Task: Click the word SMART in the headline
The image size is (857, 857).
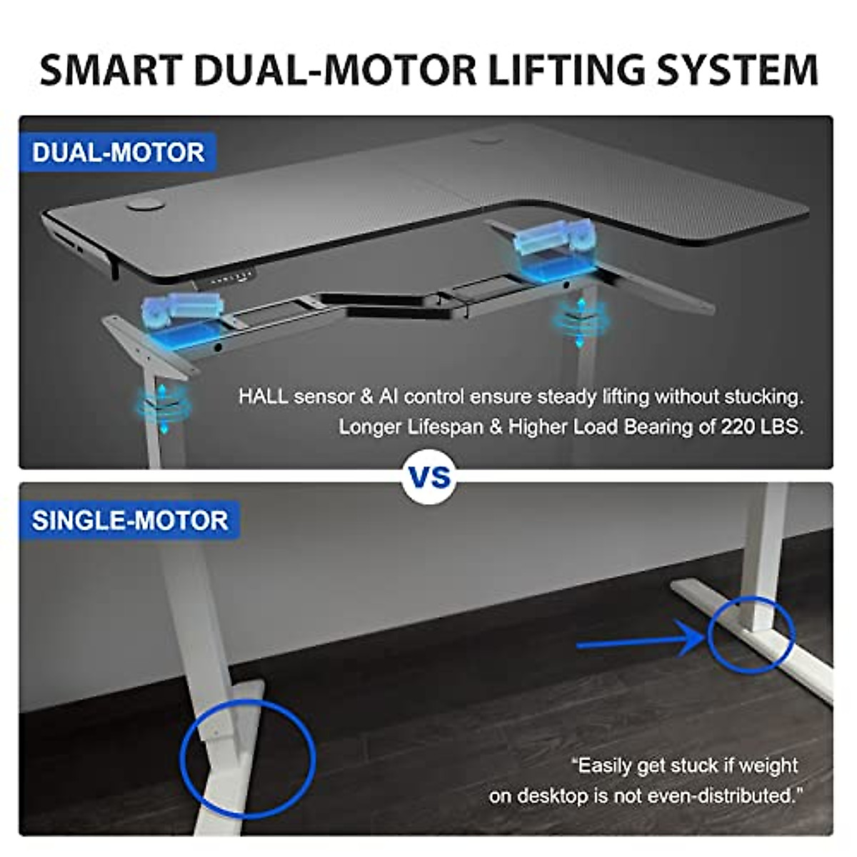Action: [111, 70]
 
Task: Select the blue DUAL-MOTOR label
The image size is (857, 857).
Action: [118, 153]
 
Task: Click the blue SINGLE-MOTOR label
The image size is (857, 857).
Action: [130, 521]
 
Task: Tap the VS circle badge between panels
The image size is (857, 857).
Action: [429, 477]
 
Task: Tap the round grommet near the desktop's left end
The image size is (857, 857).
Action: [144, 206]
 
